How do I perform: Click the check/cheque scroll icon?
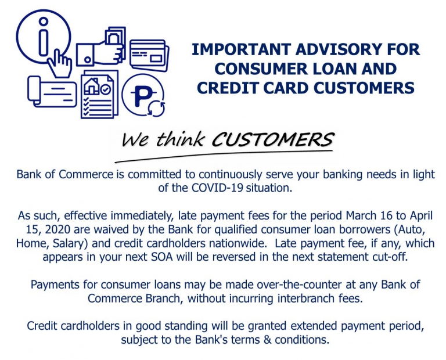coord(52,92)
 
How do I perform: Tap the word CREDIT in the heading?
coord(228,88)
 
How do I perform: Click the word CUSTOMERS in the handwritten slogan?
coord(272,139)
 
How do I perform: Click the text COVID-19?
coord(217,188)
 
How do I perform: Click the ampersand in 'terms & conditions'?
coord(267,340)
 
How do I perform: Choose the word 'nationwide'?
coord(239,243)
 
